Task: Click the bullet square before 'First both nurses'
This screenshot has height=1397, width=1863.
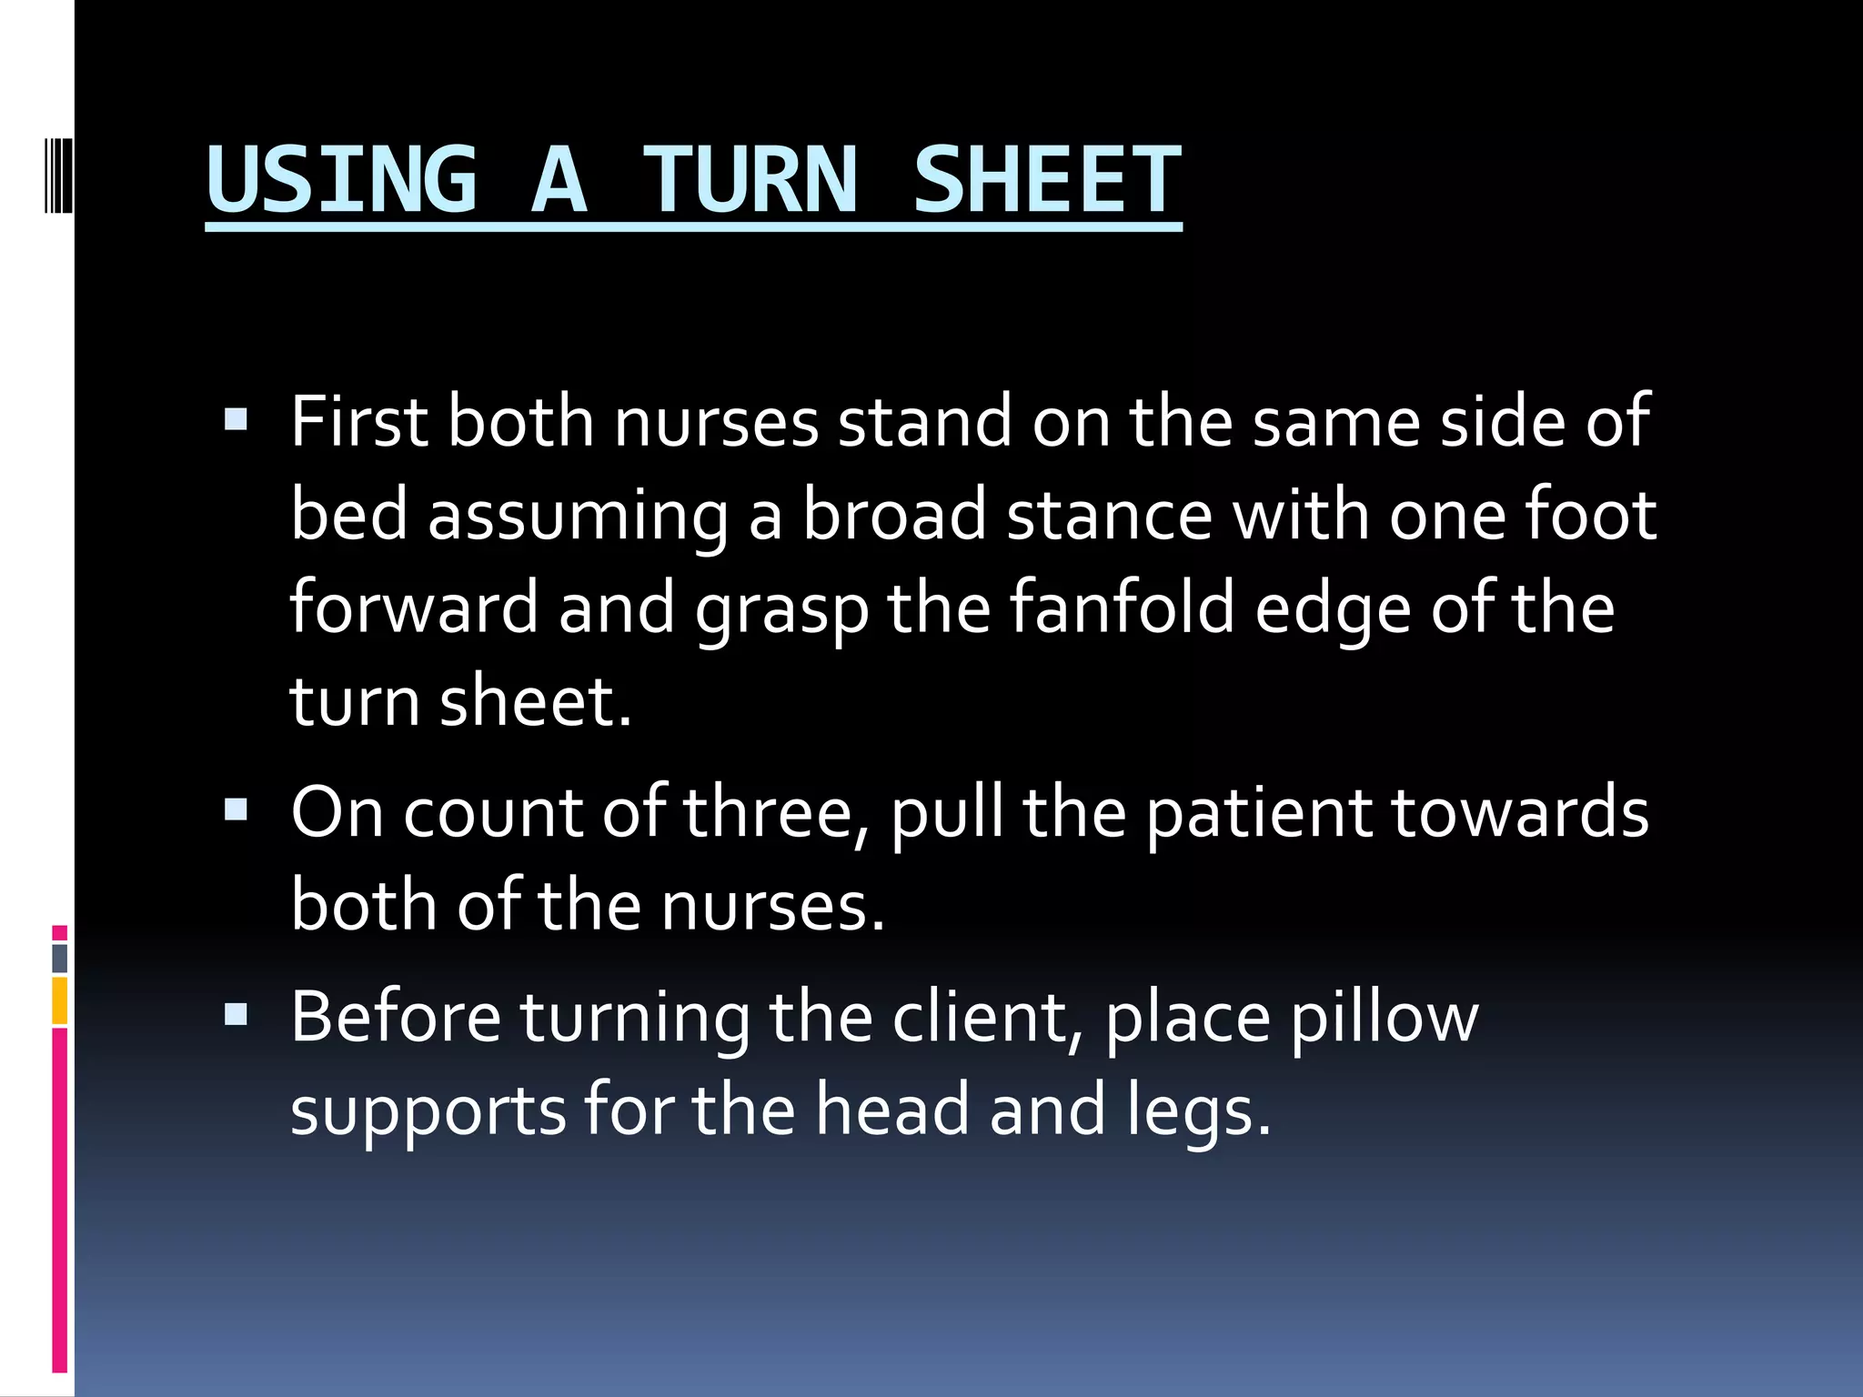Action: (x=236, y=419)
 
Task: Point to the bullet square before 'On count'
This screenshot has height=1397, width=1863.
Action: (x=236, y=809)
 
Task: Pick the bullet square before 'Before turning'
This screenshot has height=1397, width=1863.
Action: (x=236, y=1013)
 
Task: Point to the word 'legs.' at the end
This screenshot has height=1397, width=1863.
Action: (x=1198, y=1111)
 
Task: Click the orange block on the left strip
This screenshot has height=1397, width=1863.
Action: (x=60, y=1000)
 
